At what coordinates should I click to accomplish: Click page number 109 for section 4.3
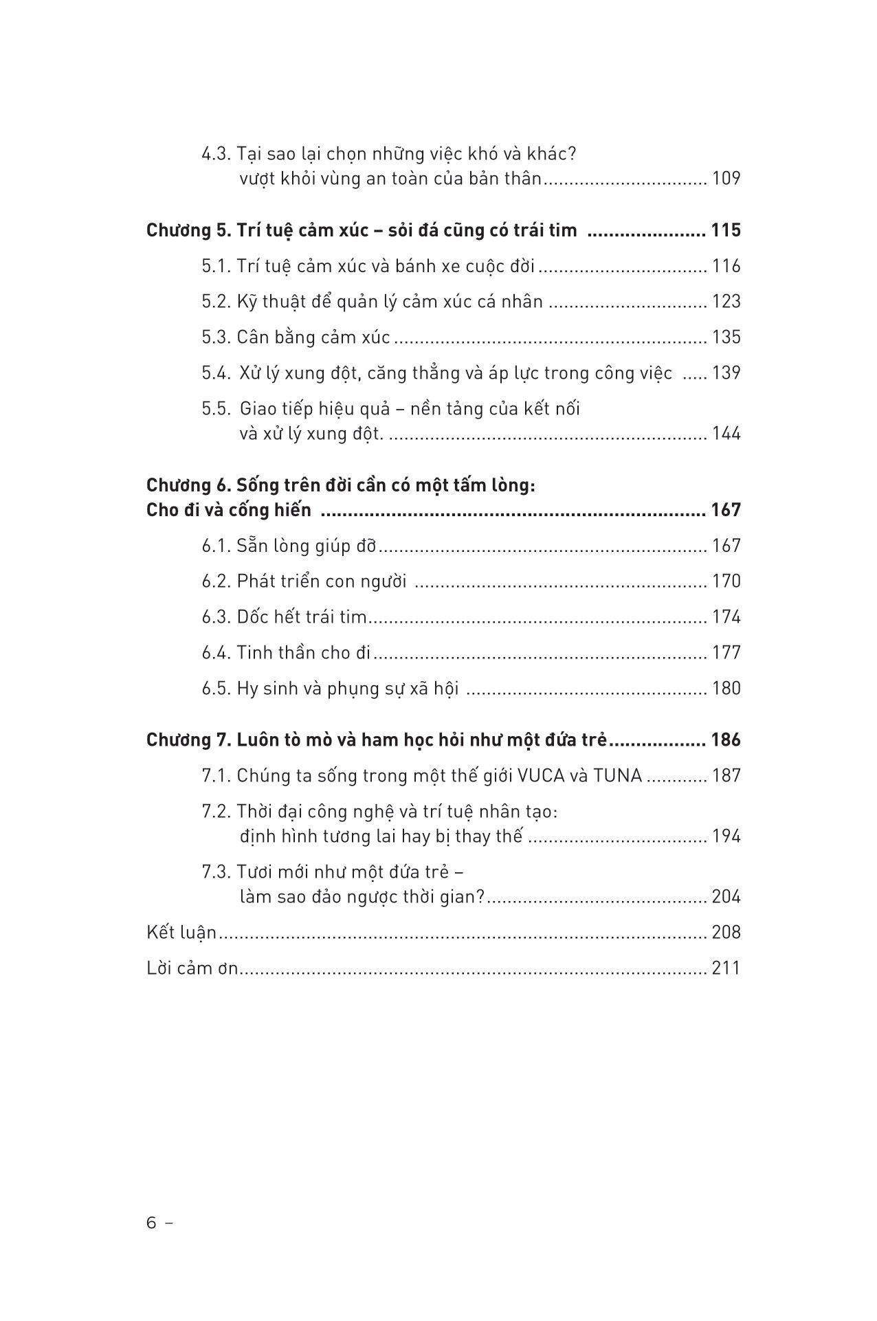[726, 179]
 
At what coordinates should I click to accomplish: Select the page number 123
[726, 302]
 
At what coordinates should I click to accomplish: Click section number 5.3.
[216, 337]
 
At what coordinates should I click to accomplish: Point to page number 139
[726, 373]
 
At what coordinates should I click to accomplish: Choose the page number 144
[726, 434]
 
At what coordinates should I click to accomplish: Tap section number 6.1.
[216, 546]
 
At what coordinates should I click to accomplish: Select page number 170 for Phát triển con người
[726, 582]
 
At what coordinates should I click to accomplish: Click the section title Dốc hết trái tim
[302, 617]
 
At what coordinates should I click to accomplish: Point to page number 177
[726, 653]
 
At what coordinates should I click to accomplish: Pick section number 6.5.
[216, 689]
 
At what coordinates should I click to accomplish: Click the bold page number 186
[726, 740]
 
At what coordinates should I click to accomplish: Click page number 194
[726, 836]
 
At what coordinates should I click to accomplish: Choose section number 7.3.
[216, 872]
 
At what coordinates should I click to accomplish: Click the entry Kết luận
[181, 933]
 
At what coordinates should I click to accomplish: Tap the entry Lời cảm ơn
[192, 968]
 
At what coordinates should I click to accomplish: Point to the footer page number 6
[152, 1223]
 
